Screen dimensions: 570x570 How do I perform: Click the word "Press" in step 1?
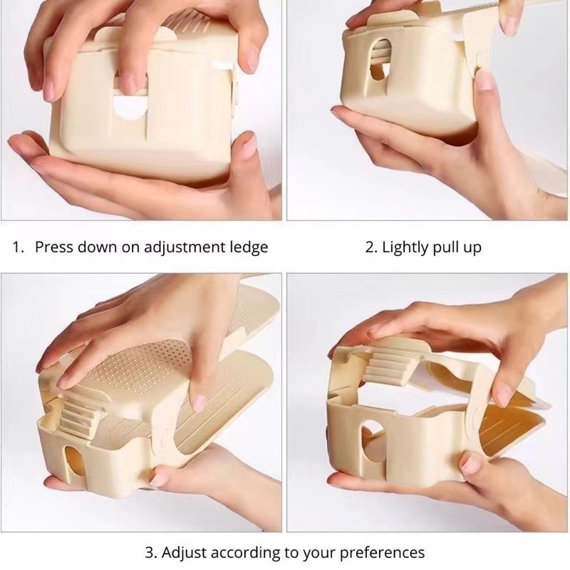pyautogui.click(x=53, y=247)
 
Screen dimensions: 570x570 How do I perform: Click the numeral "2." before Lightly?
pyautogui.click(x=371, y=247)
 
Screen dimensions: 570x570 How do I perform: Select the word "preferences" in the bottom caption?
pyautogui.click(x=382, y=554)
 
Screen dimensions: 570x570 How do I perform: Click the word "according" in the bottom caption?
pyautogui.click(x=246, y=554)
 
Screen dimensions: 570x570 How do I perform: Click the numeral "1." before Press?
pyautogui.click(x=18, y=247)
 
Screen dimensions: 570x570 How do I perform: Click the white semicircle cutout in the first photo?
pyautogui.click(x=130, y=108)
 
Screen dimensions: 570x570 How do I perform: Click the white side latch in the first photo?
pyautogui.click(x=222, y=66)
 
